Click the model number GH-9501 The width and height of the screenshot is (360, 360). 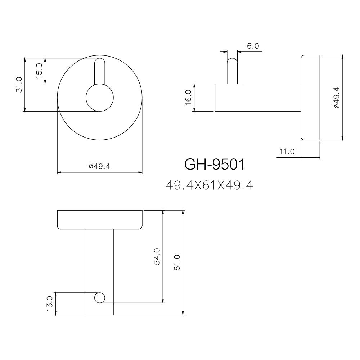click(214, 165)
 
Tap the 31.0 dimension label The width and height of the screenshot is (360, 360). click(19, 84)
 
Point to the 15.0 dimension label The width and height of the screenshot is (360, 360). click(39, 71)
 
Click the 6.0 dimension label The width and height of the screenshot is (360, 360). click(253, 46)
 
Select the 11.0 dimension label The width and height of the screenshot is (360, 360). click(287, 152)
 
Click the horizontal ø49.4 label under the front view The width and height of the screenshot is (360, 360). click(99, 166)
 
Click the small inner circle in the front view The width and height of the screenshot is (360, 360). click(100, 98)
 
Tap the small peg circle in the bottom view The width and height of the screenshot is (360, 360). click(100, 297)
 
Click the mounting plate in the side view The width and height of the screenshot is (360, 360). click(310, 98)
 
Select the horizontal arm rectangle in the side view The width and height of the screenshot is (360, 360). click(257, 98)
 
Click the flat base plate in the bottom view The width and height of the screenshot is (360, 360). click(100, 219)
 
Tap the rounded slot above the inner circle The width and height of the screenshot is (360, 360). click(100, 71)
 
